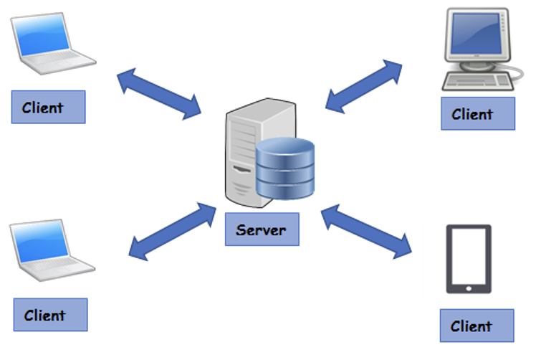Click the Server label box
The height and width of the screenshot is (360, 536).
pos(262,230)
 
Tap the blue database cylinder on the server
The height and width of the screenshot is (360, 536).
pos(285,169)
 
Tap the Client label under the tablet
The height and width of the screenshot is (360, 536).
pos(477,326)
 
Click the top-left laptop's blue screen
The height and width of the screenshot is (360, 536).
pos(44,39)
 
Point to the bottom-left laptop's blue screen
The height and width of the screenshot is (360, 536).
pos(42,244)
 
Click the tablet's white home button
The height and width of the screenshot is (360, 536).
pos(469,288)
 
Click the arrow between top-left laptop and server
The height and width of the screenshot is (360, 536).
pos(159,93)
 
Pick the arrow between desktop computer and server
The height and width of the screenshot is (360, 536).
pos(363,85)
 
